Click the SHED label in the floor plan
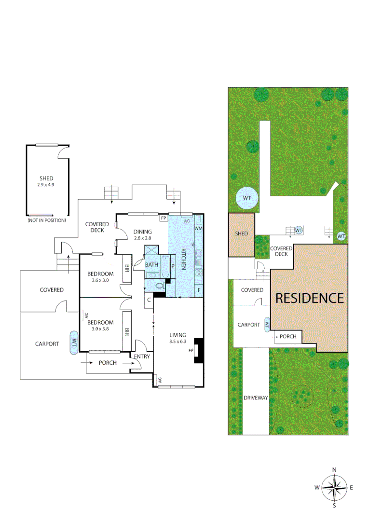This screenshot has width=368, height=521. point(46,178)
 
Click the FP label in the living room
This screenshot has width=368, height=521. point(191,351)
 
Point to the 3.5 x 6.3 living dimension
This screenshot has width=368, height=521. point(178,342)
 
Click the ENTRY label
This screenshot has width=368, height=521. point(142,356)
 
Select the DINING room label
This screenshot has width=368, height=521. point(142,232)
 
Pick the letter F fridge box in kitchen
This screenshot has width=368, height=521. point(198,290)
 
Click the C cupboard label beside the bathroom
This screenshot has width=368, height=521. point(149,300)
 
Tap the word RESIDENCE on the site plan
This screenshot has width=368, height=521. point(310,298)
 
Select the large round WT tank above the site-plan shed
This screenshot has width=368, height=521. point(246,198)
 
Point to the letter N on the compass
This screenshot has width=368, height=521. point(334,469)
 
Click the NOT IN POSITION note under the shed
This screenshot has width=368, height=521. point(47,220)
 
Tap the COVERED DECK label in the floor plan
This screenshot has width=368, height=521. point(97,227)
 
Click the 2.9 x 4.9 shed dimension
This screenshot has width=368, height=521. point(46,185)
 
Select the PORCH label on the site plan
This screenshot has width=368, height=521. point(288,336)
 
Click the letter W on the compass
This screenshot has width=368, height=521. point(317,488)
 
